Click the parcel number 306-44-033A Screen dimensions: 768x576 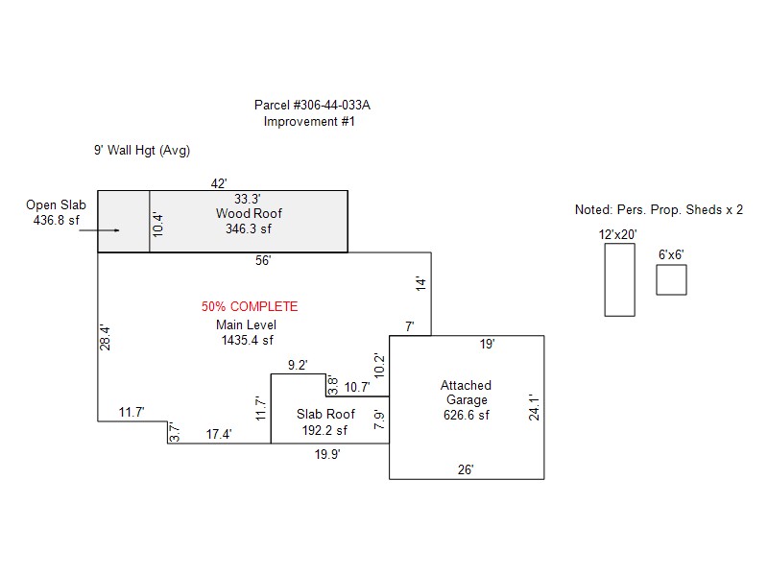331,105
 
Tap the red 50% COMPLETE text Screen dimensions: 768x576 250,306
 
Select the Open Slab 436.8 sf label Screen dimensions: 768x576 56,212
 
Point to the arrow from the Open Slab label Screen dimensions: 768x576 99,229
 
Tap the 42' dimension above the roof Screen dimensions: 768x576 219,183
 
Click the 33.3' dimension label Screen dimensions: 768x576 248,199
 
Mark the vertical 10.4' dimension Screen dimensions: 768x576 157,225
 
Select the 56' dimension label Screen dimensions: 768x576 263,260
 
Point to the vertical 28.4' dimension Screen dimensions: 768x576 105,338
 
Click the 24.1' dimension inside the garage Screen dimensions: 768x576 534,407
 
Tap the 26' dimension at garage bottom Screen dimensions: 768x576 466,469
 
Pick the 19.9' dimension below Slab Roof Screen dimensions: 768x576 327,454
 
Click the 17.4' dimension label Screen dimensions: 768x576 219,435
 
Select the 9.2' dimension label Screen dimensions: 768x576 298,366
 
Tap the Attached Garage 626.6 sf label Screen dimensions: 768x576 467,400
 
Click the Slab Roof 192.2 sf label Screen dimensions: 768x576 325,422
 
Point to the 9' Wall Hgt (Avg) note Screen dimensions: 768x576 142,151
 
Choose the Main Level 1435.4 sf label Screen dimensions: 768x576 247,332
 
